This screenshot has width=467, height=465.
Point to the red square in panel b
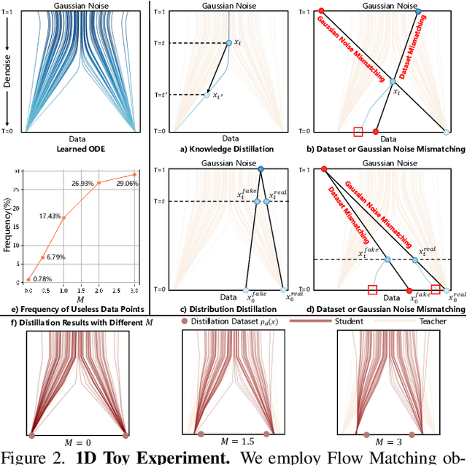point(358,132)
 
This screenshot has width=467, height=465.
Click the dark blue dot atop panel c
point(261,169)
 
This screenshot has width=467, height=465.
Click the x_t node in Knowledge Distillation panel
point(228,44)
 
